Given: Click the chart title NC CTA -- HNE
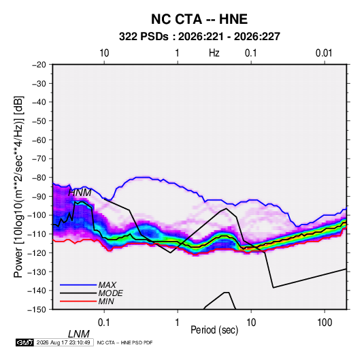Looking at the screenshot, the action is tap(199, 19).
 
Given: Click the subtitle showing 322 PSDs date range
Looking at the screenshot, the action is tap(199, 37).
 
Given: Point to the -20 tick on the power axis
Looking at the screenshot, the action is tap(39, 65).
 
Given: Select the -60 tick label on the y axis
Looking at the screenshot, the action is tap(39, 140).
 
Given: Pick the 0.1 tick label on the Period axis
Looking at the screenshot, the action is tap(104, 323).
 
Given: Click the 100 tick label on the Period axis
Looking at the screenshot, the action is tap(325, 323).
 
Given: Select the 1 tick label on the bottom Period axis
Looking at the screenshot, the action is tap(178, 323).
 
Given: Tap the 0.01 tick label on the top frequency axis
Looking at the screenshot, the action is tap(324, 53).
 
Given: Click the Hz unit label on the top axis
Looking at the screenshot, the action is tap(214, 53).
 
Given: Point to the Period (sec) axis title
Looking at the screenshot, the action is tap(214, 330).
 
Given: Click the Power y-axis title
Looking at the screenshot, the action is tap(18, 186).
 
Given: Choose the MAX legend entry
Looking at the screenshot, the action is tap(107, 284).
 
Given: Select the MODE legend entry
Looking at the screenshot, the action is tap(110, 293).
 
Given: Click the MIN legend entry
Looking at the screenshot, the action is tap(106, 301).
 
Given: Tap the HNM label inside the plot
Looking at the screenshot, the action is tap(80, 193).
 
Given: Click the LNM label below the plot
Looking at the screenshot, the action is tap(79, 334).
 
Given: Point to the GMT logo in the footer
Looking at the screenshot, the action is tap(24, 342).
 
